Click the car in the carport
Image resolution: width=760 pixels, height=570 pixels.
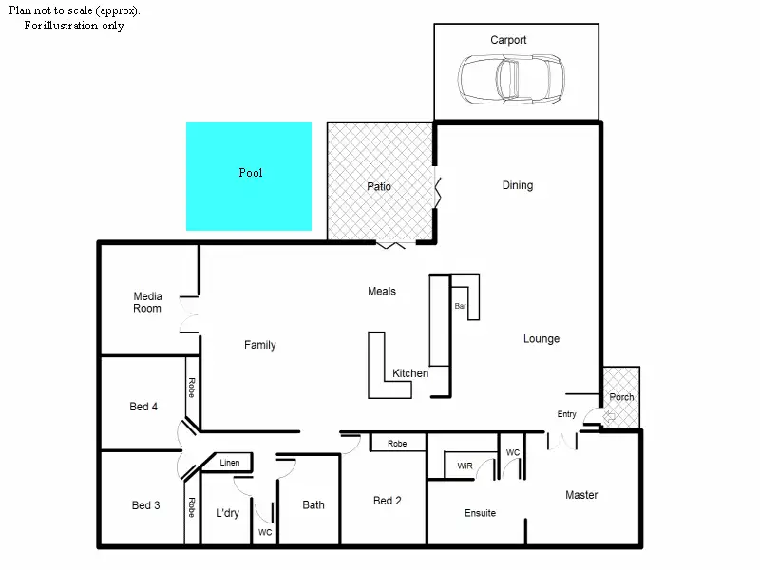pos(510,78)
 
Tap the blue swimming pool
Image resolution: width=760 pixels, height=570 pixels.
pos(249,176)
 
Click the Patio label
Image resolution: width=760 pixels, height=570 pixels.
pos(379,186)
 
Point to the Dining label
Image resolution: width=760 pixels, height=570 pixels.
pos(518,185)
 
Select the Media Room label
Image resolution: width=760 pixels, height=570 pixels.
pos(147,302)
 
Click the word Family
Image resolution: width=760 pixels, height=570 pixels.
pos(259,345)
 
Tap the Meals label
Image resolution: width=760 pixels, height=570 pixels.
pos(382,291)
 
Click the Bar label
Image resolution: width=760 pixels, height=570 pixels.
pos(461,306)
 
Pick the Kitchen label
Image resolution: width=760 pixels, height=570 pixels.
pos(410,373)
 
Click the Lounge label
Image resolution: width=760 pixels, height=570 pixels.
pos(541,338)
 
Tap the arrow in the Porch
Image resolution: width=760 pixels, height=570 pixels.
pos(611,417)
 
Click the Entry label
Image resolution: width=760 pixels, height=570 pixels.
pos(567,413)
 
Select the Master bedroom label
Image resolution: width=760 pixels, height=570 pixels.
pos(581,495)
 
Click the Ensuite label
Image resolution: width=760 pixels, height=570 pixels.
pos(480,513)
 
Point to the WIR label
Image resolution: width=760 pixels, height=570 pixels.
pos(465,466)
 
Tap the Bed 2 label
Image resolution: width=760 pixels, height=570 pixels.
pos(388,501)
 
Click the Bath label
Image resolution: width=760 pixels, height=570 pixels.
pos(313,504)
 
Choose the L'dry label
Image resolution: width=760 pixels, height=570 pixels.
pos(227,513)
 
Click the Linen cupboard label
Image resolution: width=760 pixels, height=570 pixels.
pos(230,463)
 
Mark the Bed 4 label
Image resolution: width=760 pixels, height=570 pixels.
pos(143,407)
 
